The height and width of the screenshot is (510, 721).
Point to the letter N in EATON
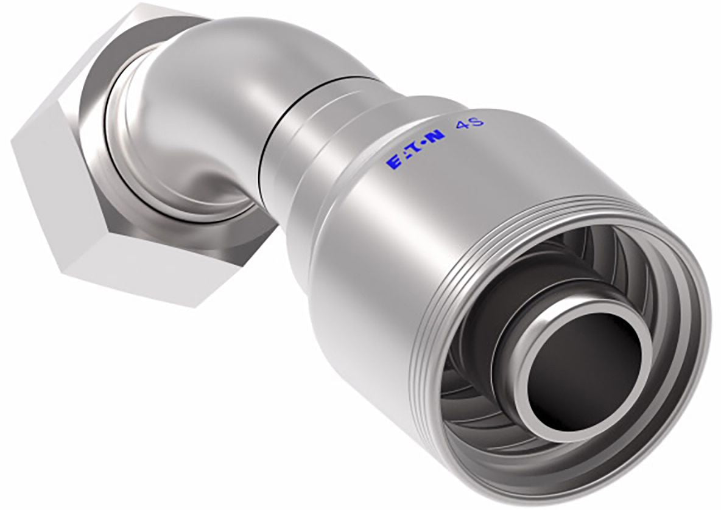(x=437, y=136)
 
